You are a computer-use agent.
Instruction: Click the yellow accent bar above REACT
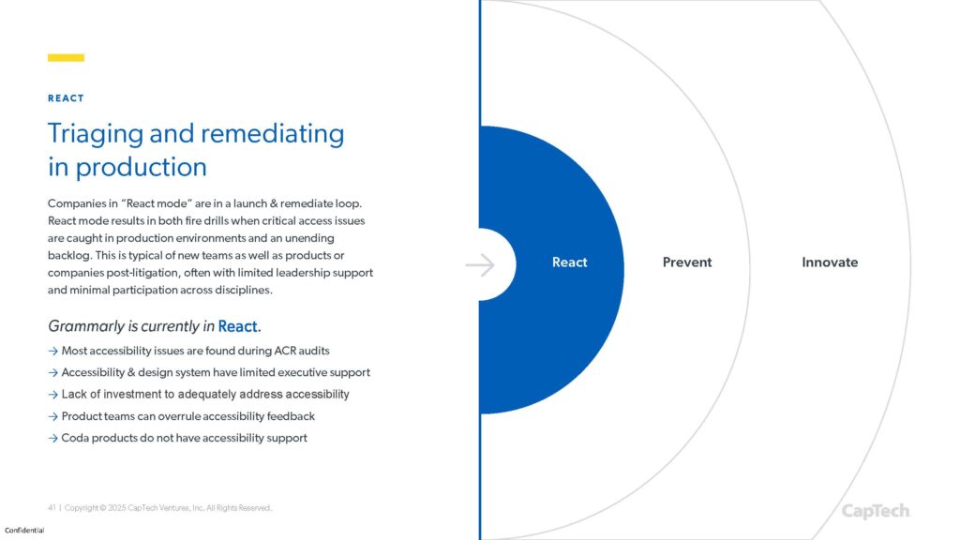[66, 58]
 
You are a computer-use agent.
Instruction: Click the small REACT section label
[66, 98]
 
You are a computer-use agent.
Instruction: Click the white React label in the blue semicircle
[569, 262]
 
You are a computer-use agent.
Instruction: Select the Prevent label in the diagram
[687, 262]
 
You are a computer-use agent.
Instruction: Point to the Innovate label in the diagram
[830, 262]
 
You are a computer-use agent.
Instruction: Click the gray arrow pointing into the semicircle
[480, 265]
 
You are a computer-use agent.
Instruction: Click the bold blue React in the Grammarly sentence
[238, 326]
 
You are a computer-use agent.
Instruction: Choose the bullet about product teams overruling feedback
[187, 416]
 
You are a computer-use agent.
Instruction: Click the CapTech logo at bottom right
[876, 511]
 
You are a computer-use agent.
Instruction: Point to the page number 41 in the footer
[52, 508]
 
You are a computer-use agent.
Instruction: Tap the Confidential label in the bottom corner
[24, 531]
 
